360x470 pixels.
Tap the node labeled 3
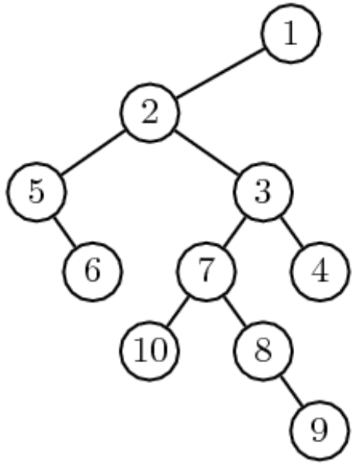(263, 192)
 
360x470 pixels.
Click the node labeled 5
(36, 192)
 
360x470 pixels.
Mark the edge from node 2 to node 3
(207, 152)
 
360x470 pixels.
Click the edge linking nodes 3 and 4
(292, 231)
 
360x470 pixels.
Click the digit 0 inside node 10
(159, 350)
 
